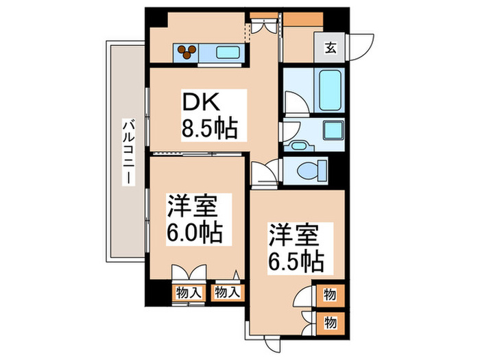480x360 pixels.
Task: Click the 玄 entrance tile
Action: coord(330,48)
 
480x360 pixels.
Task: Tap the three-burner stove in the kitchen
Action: coord(187,50)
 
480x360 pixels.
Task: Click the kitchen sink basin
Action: coord(226,51)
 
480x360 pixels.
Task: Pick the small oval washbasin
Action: coord(298,145)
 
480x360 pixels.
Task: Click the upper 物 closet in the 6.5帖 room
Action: coord(330,295)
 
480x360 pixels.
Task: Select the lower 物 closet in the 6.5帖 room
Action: coord(330,322)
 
